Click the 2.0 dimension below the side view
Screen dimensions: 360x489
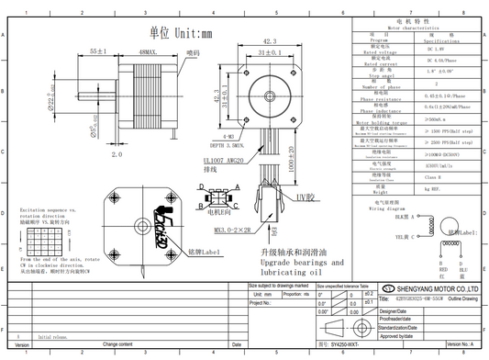pyautogui.click(x=117, y=155)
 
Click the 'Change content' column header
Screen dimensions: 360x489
pyautogui.click(x=124, y=342)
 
